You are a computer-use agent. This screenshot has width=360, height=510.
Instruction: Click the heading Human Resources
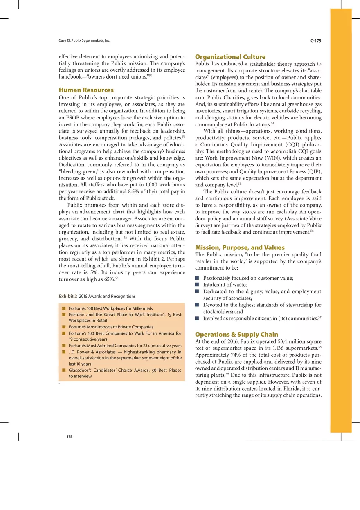pyautogui.click(x=86, y=90)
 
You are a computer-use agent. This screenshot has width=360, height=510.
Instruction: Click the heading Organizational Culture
pyautogui.click(x=230, y=56)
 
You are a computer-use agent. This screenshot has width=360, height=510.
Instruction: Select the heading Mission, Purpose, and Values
pyautogui.click(x=240, y=247)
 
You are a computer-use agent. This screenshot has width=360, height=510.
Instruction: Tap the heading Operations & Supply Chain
pyautogui.click(x=236, y=334)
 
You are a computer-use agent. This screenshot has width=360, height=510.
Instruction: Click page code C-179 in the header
pyautogui.click(x=316, y=40)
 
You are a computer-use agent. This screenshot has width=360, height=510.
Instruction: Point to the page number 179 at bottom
pyautogui.click(x=70, y=436)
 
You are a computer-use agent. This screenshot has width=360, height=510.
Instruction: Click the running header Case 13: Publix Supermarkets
pyautogui.click(x=85, y=40)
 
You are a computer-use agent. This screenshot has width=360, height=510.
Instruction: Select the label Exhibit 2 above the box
pyautogui.click(x=68, y=296)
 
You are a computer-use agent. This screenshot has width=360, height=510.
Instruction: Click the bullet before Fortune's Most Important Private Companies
pyautogui.click(x=64, y=327)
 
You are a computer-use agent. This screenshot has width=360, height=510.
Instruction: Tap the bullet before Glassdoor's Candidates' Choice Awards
pyautogui.click(x=64, y=370)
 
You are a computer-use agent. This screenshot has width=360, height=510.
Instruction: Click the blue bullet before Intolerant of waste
pyautogui.click(x=197, y=285)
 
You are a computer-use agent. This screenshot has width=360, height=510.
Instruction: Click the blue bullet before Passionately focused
pyautogui.click(x=197, y=278)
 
